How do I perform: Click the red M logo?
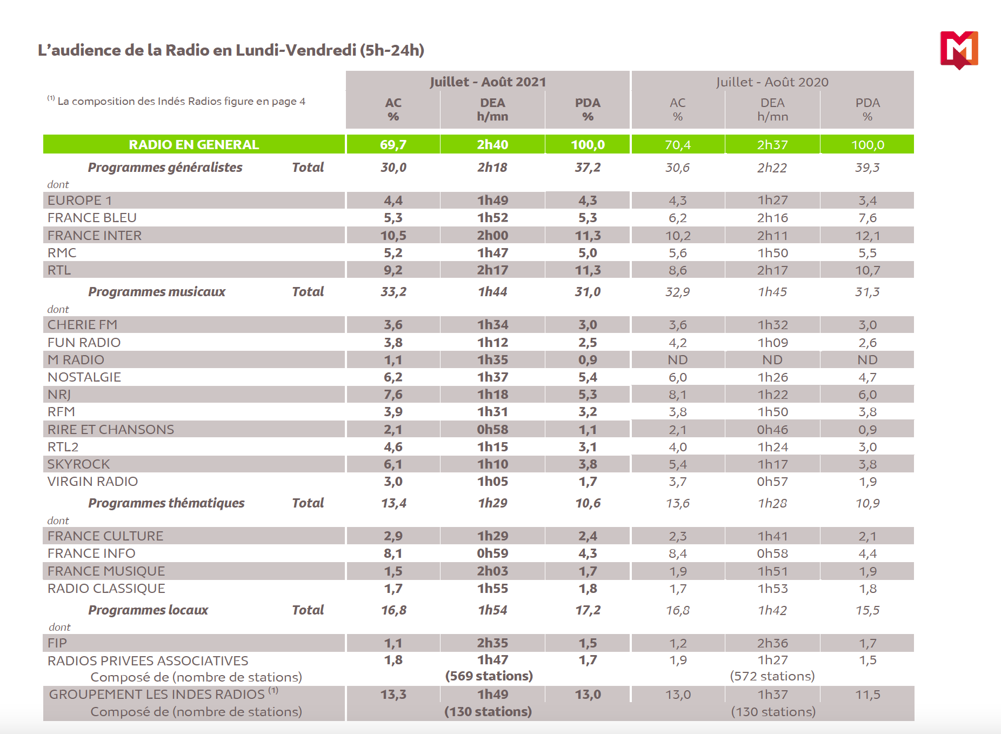959,50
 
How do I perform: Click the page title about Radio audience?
231,50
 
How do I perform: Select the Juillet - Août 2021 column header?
488,82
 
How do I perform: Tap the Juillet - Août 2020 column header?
772,82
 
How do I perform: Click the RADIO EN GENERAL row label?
193,144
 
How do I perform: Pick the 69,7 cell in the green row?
393,144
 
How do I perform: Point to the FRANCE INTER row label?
95,235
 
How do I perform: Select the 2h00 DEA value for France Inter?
492,235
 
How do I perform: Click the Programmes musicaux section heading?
157,292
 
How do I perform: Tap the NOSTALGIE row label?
84,377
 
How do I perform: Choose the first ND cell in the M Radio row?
677,359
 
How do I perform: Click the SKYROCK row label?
79,464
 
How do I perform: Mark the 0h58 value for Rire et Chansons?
492,429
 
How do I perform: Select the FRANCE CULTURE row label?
105,536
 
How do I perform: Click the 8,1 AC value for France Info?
393,553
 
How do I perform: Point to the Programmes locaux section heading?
148,610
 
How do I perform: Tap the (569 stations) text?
489,676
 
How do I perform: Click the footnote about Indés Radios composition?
177,101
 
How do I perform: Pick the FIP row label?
57,643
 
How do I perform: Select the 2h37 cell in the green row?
772,144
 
